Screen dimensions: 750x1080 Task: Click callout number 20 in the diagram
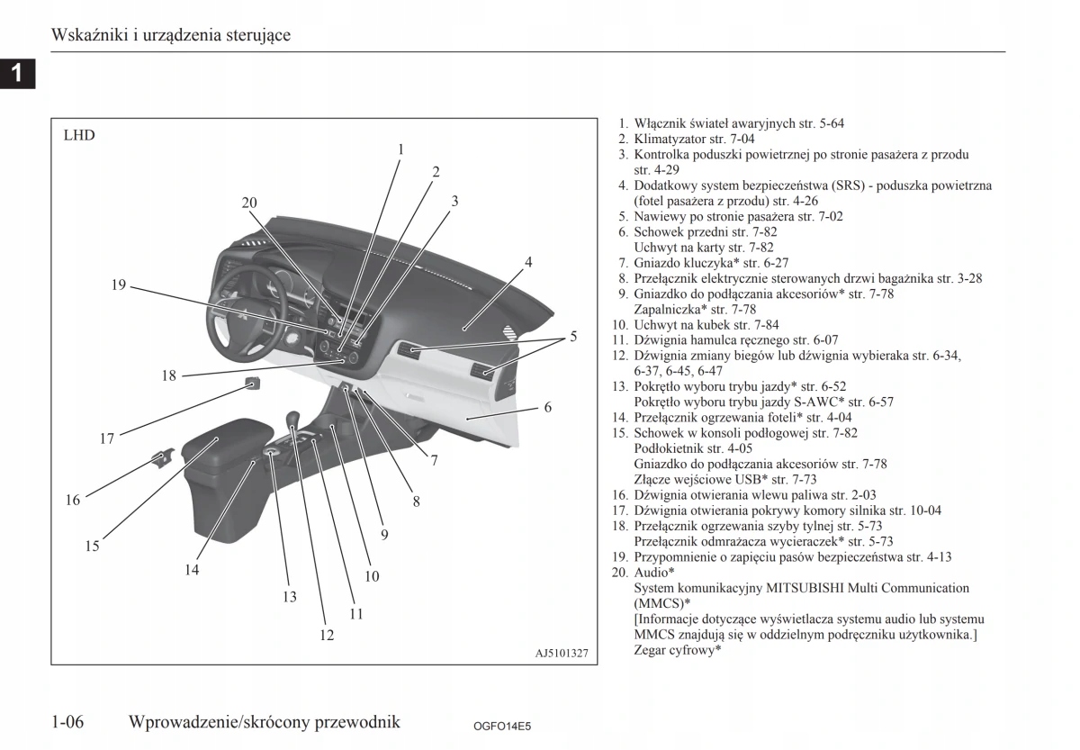(x=249, y=203)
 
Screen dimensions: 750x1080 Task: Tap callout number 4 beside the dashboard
(x=528, y=262)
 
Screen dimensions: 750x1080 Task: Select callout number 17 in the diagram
(x=107, y=438)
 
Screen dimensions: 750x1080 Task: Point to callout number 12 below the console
(x=327, y=635)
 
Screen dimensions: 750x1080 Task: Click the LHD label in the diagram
(x=79, y=136)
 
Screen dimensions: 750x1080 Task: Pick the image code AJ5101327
(x=555, y=653)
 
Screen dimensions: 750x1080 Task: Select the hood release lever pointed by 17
(x=253, y=384)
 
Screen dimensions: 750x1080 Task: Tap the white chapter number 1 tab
(x=17, y=73)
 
